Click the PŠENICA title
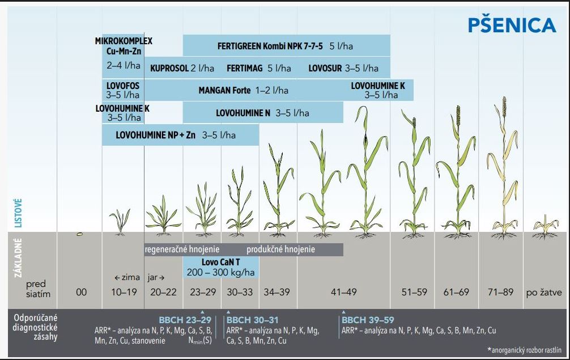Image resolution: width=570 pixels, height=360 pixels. click(512, 26)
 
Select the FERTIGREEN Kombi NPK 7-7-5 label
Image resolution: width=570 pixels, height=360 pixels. click(267, 46)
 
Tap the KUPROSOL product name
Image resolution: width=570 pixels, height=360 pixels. click(169, 68)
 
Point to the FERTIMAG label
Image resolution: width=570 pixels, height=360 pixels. click(245, 68)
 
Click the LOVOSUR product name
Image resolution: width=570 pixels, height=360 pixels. click(325, 68)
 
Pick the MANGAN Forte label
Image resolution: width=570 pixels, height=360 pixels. click(224, 90)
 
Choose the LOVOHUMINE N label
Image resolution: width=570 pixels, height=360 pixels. click(243, 113)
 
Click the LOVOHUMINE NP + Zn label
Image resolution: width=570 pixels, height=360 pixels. click(151, 135)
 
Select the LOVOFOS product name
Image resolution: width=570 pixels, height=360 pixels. click(123, 86)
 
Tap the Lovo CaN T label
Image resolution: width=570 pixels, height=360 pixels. click(221, 262)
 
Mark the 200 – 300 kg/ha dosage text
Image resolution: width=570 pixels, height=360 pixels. click(221, 273)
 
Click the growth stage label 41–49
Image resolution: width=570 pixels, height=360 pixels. click(343, 292)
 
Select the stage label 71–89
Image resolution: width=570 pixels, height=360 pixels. click(501, 292)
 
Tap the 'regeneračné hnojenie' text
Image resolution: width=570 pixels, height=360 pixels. click(182, 249)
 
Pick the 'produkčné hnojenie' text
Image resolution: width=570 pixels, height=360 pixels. click(280, 249)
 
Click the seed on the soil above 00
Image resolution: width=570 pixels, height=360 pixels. click(80, 233)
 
